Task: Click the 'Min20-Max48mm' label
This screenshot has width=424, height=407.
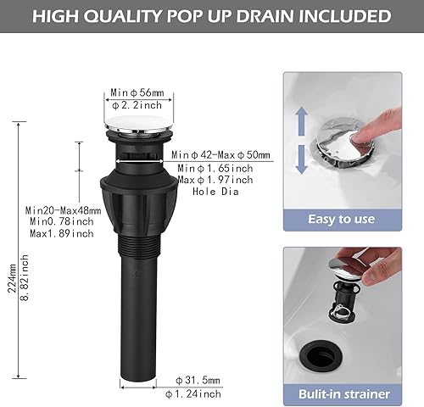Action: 63,209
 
